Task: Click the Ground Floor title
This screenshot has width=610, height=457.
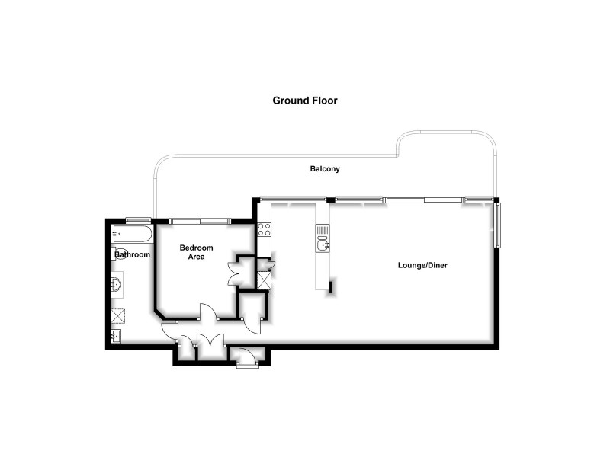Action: tap(305, 100)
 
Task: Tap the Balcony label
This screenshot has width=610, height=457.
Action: tap(325, 168)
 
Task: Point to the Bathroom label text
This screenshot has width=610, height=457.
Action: tap(133, 254)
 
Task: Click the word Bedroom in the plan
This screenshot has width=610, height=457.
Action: tap(196, 248)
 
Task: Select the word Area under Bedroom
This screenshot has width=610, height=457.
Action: tap(197, 257)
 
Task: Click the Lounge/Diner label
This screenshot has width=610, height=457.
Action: tap(422, 266)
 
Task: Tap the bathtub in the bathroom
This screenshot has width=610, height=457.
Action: tap(131, 232)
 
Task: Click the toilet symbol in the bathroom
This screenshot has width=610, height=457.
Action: tap(120, 254)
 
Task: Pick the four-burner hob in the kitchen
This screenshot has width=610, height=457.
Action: tap(264, 228)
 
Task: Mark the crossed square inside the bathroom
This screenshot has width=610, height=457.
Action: tap(117, 316)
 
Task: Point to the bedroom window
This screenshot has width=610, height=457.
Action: tap(200, 221)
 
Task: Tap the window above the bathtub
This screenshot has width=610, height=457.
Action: tap(137, 221)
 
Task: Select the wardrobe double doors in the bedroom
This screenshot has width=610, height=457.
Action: tap(234, 273)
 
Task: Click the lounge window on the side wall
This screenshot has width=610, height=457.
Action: tap(499, 225)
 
